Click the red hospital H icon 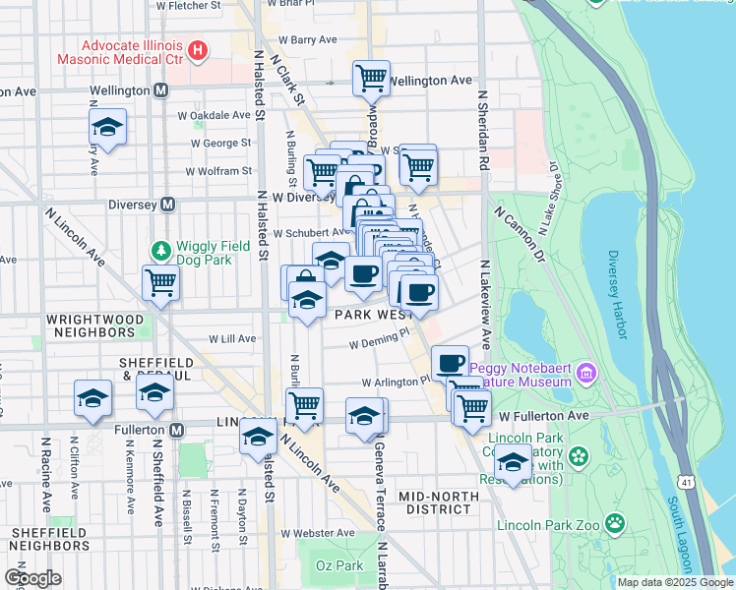(199, 49)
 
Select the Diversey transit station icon (168, 205)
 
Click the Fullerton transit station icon (177, 431)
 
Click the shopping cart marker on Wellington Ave (371, 77)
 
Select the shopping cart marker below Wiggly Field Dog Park (160, 282)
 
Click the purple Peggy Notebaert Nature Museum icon (587, 373)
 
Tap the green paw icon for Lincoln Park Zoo (615, 521)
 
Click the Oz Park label (338, 565)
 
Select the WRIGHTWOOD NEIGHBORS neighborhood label (93, 326)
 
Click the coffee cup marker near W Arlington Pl (450, 362)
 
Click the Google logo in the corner (31, 578)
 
